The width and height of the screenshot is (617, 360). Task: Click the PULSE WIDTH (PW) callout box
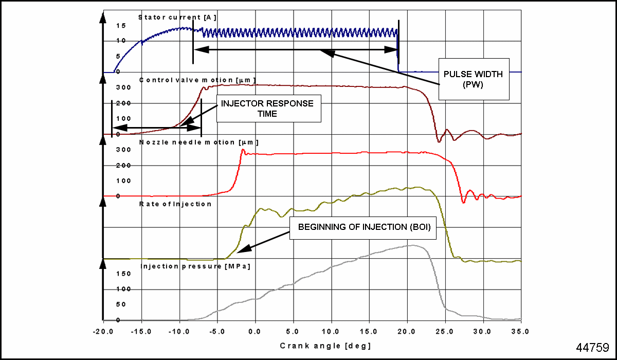tap(473, 78)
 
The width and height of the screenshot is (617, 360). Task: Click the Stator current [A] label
tap(177, 17)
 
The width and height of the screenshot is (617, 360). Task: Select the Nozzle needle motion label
tap(198, 142)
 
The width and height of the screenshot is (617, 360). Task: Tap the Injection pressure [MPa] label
tap(195, 266)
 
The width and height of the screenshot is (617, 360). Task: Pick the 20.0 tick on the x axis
tap(407, 331)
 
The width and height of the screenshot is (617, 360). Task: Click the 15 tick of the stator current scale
tap(121, 25)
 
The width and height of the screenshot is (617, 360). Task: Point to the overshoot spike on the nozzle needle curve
tap(243, 150)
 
